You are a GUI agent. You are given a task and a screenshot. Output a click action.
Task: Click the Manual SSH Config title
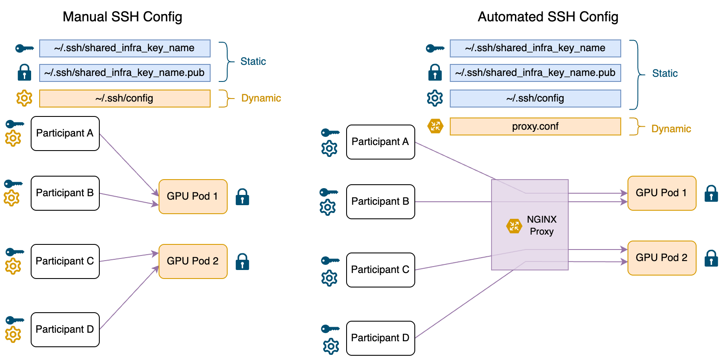pyautogui.click(x=124, y=17)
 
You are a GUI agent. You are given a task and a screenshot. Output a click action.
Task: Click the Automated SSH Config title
pyautogui.click(x=548, y=17)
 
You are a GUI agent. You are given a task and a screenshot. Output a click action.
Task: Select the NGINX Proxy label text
pyautogui.click(x=541, y=225)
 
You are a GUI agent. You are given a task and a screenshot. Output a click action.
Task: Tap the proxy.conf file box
pyautogui.click(x=535, y=127)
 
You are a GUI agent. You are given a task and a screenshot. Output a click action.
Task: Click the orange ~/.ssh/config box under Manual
pyautogui.click(x=124, y=99)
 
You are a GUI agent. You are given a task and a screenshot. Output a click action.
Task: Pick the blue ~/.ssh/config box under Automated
pyautogui.click(x=535, y=99)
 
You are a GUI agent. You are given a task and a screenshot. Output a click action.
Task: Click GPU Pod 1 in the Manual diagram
pyautogui.click(x=193, y=196)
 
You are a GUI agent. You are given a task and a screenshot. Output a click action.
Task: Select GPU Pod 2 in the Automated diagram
pyautogui.click(x=662, y=258)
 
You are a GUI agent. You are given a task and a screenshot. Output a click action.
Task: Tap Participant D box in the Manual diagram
pyautogui.click(x=65, y=329)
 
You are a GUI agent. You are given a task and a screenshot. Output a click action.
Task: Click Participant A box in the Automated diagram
pyautogui.click(x=380, y=142)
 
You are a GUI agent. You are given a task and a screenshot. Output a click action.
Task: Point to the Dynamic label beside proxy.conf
pyautogui.click(x=671, y=129)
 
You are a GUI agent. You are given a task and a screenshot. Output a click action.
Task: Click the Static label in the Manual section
pyautogui.click(x=253, y=61)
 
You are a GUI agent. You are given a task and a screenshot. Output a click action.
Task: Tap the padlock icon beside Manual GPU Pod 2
pyautogui.click(x=243, y=261)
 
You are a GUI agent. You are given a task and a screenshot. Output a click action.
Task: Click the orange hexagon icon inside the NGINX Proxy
pyautogui.click(x=514, y=226)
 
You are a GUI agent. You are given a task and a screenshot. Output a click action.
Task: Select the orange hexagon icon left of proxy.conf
pyautogui.click(x=435, y=126)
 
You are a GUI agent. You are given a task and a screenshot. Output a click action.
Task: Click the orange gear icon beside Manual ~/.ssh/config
pyautogui.click(x=24, y=98)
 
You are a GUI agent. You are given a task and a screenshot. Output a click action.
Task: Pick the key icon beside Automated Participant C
pyautogui.click(x=330, y=260)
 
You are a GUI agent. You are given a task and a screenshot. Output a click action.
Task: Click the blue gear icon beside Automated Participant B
pyautogui.click(x=328, y=207)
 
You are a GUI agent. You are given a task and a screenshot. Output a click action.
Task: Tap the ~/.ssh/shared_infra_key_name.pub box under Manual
pyautogui.click(x=124, y=73)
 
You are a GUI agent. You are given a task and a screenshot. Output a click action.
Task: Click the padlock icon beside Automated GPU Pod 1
pyautogui.click(x=711, y=193)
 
